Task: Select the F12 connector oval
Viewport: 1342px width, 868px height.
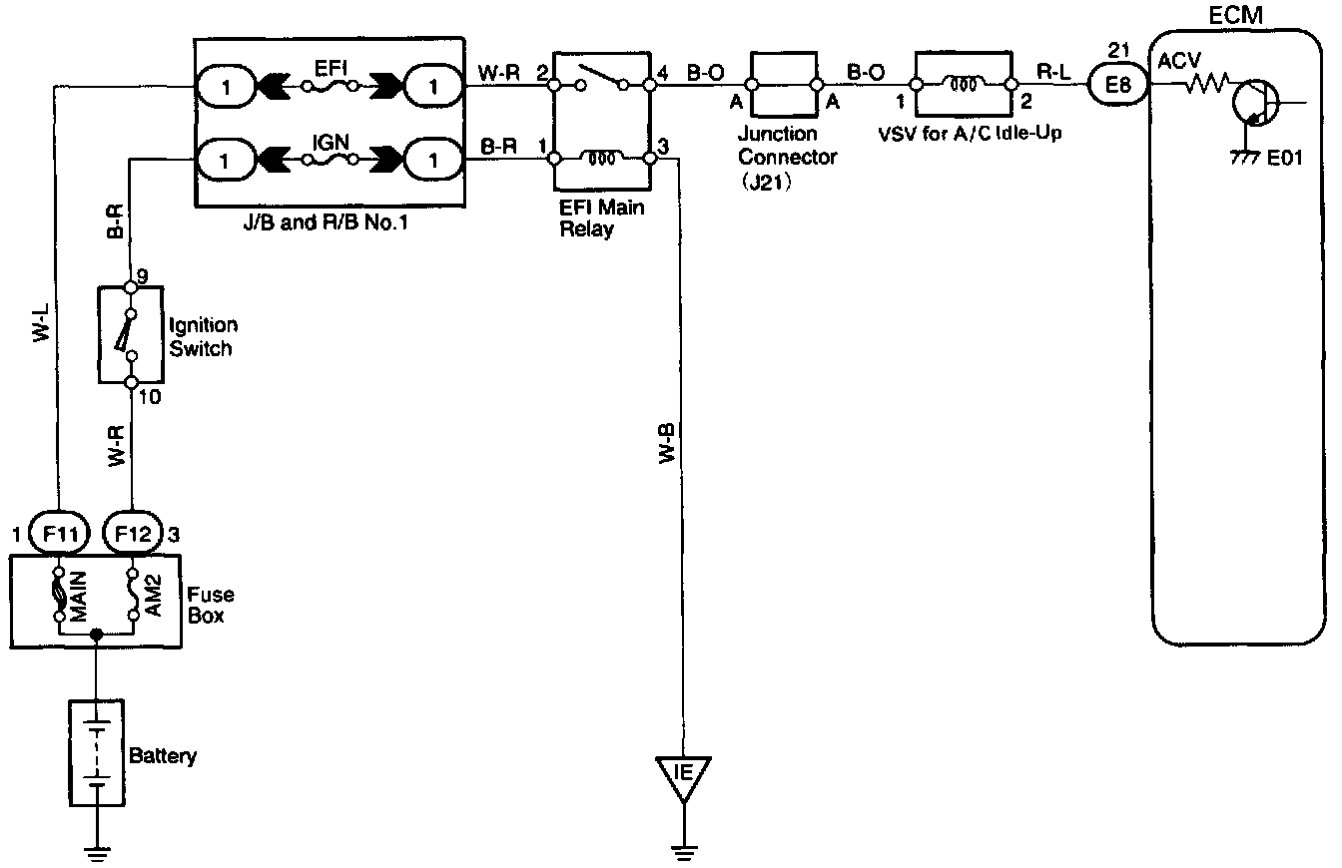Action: [132, 534]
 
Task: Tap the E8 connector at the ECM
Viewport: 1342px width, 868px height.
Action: [1118, 86]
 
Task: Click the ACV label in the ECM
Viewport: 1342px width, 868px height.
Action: [1175, 62]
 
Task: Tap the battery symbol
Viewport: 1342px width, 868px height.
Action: [95, 751]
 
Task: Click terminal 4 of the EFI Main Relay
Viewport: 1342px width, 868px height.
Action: [650, 86]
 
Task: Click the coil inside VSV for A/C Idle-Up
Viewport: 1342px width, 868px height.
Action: [963, 84]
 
